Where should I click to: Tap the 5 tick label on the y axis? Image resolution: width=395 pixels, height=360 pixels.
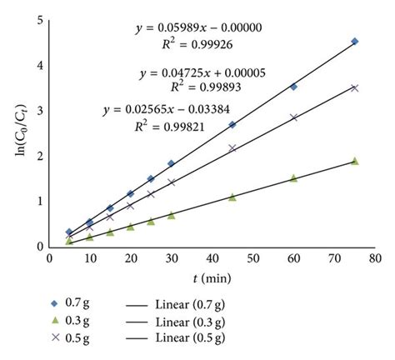point(41,19)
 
